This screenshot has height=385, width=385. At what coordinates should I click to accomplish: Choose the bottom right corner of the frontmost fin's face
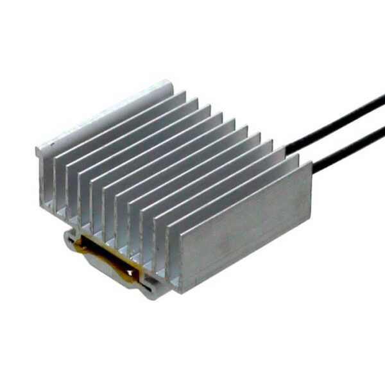311,221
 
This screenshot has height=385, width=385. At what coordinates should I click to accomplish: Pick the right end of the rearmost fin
172,83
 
